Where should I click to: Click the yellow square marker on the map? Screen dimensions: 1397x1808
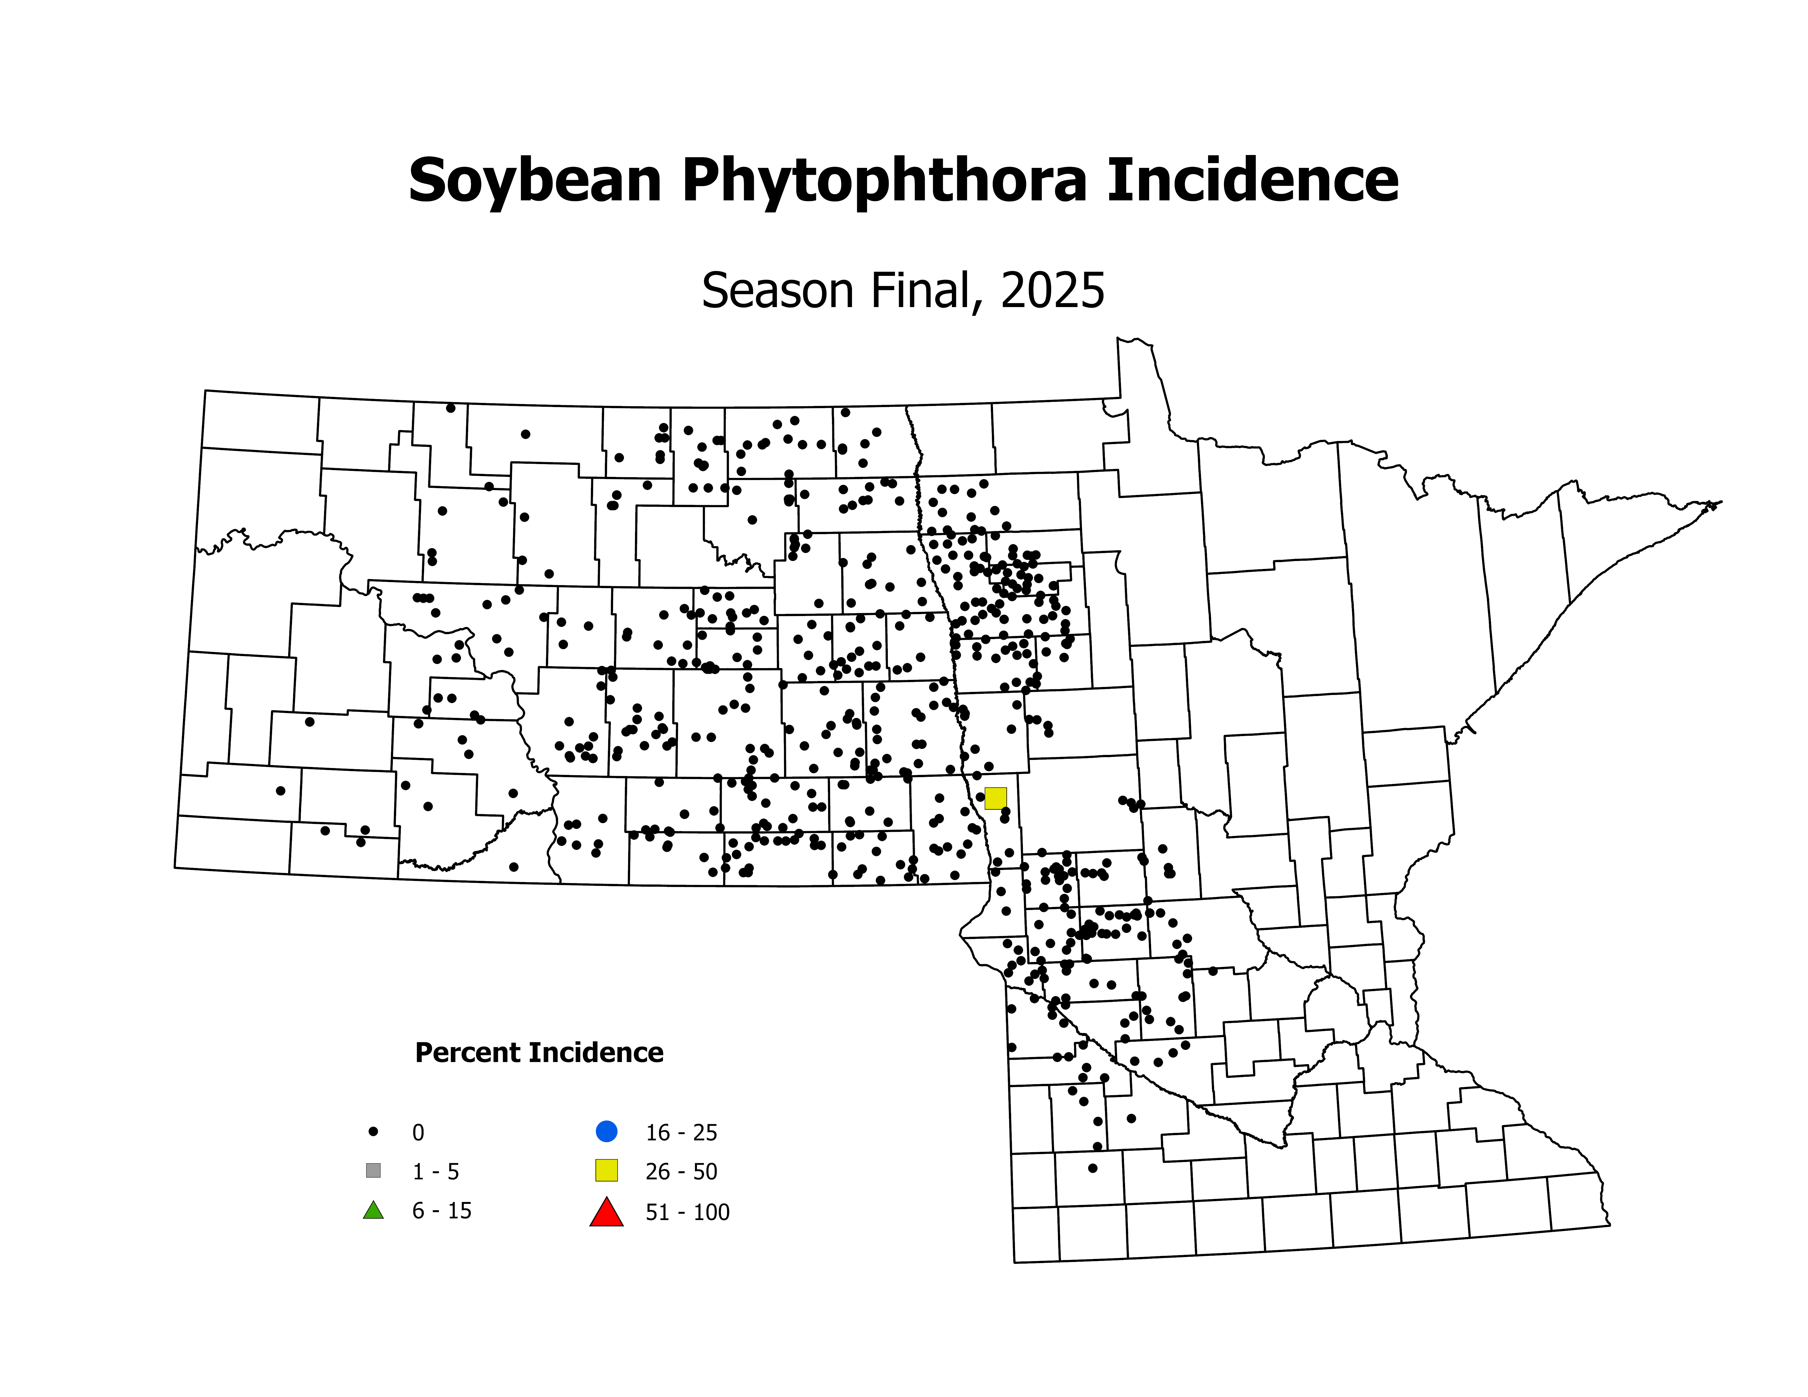tap(995, 799)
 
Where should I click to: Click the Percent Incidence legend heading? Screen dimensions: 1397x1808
tap(539, 1053)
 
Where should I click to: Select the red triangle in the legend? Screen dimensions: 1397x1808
tap(606, 1213)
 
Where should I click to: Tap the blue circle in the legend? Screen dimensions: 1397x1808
tap(606, 1130)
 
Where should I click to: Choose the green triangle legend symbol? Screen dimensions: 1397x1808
tap(373, 1211)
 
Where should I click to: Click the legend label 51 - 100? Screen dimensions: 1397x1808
tap(687, 1212)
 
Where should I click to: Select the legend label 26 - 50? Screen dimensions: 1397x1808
tap(681, 1172)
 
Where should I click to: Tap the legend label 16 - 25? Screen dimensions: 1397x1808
tap(681, 1132)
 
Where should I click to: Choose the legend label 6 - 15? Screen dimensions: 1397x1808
tap(442, 1211)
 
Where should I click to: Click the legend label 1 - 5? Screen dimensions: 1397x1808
tap(436, 1172)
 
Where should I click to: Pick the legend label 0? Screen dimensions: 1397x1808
tap(418, 1132)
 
